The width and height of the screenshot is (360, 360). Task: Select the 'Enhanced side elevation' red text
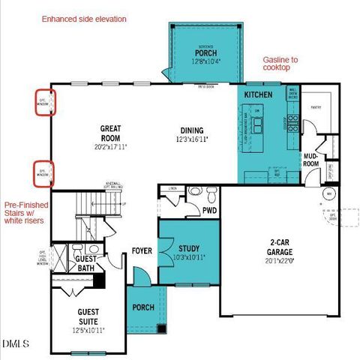click(x=84, y=18)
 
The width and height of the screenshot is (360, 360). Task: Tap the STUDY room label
click(x=188, y=248)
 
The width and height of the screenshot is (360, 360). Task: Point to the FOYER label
click(x=142, y=250)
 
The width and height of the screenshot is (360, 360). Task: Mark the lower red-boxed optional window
click(x=43, y=173)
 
